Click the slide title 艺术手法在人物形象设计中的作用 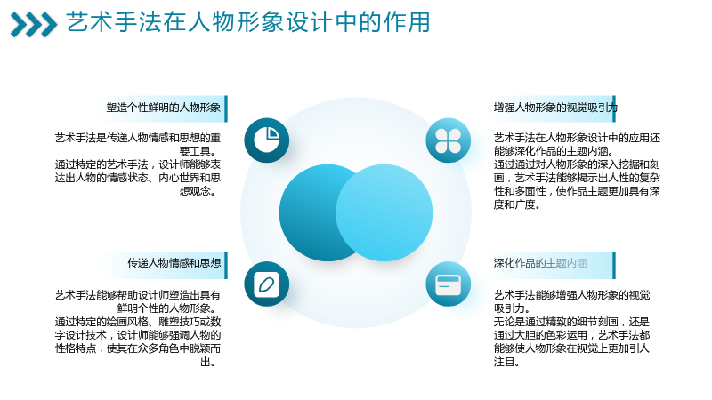coord(248,22)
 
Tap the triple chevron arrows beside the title coord(34,25)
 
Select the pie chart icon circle coord(266,140)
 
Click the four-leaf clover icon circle coord(449,140)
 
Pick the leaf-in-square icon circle coord(266,284)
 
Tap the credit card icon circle coord(449,284)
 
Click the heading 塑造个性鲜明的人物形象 coord(164,108)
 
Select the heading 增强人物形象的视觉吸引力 coord(555,108)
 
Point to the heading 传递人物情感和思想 coord(174,263)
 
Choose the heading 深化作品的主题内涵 coord(540,263)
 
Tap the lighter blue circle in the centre coord(384,212)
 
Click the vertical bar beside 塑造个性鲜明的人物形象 coord(226,108)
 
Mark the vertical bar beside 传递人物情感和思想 coord(226,266)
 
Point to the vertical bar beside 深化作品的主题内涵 coord(614,266)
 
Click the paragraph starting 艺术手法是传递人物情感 coord(138,164)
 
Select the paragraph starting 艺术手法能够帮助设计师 coord(138,328)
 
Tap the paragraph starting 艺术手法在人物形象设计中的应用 coord(577,171)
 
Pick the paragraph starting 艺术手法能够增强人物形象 coord(571,328)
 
